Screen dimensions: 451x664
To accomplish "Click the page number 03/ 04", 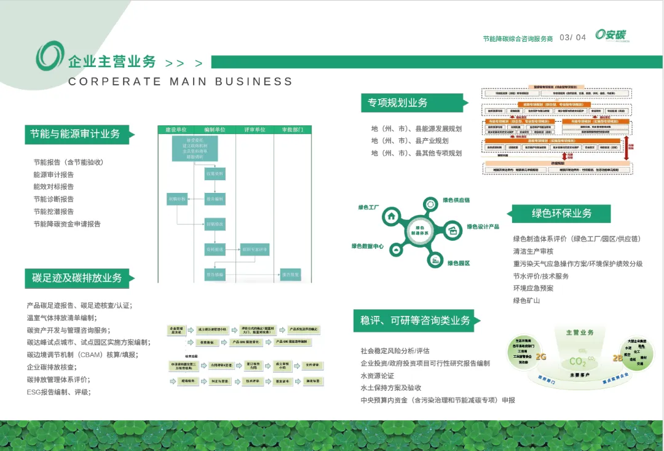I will coord(572,37).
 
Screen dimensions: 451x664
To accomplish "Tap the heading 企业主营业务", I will coord(112,62).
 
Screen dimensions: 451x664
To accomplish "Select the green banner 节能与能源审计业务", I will coord(76,134).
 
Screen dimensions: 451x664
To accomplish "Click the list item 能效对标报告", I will coord(53,187).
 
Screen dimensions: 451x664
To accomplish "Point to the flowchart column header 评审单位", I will coord(254,130).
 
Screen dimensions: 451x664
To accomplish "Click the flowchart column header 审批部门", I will coord(292,130).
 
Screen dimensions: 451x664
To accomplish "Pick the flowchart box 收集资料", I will coord(215,174).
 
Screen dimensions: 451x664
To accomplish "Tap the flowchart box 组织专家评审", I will coord(255,249).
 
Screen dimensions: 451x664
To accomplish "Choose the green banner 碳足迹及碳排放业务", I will coord(77,278).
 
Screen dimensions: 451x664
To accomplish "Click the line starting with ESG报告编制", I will coord(58,392).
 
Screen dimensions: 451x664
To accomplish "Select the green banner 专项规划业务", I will coord(398,103).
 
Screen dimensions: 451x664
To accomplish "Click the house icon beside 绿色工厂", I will coord(391,216).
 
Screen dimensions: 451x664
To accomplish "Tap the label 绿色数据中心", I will coord(368,246).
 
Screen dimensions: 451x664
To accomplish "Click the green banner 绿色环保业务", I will coord(561,213).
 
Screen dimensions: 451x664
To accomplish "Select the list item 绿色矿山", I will coord(526,300).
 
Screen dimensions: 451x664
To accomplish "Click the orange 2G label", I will coord(541,356).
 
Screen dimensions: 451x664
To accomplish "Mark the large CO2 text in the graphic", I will coord(579,361).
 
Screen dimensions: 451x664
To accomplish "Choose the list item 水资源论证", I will coord(377,375).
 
